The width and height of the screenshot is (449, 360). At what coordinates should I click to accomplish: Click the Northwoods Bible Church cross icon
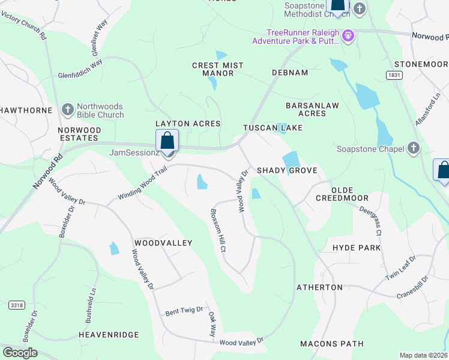pos(68,109)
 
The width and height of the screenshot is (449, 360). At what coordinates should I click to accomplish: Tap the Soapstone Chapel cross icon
pos(413,148)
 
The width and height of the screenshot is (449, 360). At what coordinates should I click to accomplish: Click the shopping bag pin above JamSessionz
pos(168,141)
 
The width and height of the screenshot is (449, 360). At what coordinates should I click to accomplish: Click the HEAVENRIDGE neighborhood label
pos(109,334)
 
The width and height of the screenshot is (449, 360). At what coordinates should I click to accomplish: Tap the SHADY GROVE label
pos(287,170)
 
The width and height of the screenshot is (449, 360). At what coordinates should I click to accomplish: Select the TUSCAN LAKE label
pos(273,128)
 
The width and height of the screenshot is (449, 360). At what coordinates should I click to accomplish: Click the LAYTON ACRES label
pos(188,124)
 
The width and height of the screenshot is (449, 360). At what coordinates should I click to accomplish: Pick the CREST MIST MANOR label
pos(218,69)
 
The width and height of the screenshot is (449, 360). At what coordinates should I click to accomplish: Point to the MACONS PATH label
pos(332,344)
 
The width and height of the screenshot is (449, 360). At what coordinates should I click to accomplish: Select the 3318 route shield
pos(17,305)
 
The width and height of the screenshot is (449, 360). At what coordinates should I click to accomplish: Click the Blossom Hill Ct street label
pos(218,230)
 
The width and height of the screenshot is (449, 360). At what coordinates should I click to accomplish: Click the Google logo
pos(20,353)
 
